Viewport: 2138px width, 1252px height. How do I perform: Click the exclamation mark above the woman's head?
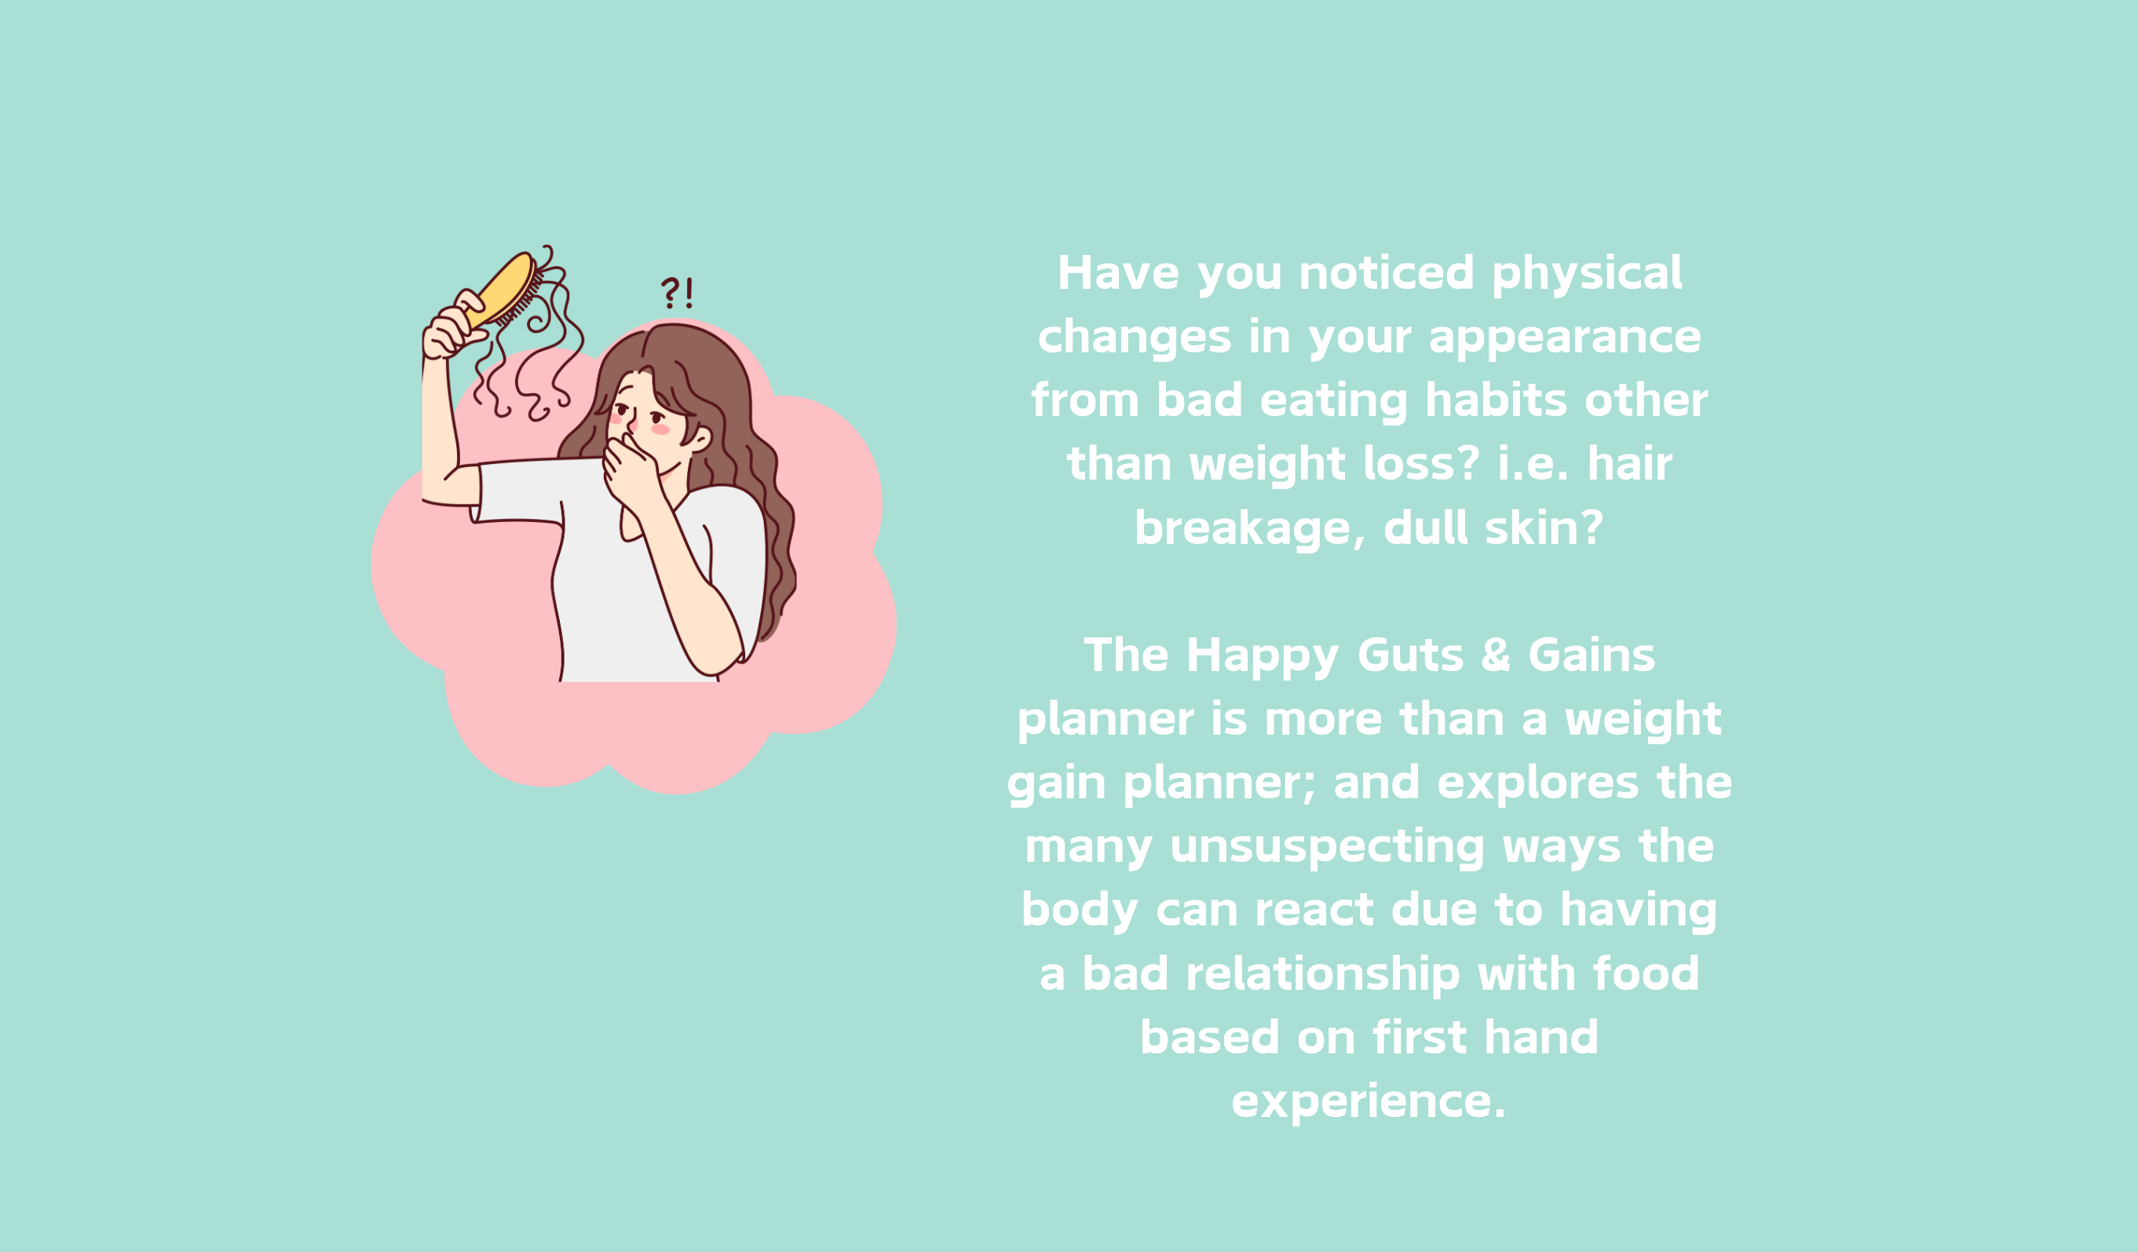pyautogui.click(x=689, y=293)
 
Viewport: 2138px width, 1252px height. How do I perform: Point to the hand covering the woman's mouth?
pyautogui.click(x=631, y=472)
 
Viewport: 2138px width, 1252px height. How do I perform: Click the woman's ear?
pyautogui.click(x=699, y=440)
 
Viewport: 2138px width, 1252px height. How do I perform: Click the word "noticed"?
pyautogui.click(x=1387, y=273)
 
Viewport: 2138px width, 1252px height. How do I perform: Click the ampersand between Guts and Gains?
pyautogui.click(x=1496, y=655)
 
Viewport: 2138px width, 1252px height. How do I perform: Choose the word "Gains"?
pyautogui.click(x=1592, y=655)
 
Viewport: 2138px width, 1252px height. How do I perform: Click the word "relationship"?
pyautogui.click(x=1323, y=974)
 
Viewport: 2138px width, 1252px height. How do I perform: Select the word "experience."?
pyautogui.click(x=1369, y=1103)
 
